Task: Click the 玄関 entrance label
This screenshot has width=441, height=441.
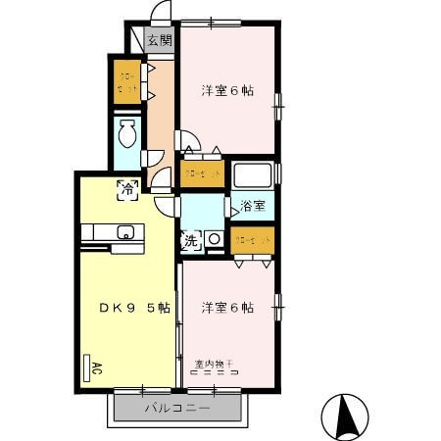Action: [x=159, y=40]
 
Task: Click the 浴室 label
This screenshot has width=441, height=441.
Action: [x=253, y=207]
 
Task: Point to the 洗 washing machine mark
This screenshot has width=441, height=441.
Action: [x=190, y=238]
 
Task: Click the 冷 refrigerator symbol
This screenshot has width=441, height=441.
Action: [x=127, y=191]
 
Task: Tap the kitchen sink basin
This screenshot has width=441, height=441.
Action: [x=124, y=232]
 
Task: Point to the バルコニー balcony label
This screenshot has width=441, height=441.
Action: [x=176, y=407]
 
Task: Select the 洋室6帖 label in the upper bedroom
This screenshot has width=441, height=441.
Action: [x=228, y=91]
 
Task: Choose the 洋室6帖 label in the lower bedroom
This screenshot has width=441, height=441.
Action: [x=228, y=307]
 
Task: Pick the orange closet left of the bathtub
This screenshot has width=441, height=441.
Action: [x=202, y=172]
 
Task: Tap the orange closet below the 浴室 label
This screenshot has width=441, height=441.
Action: [x=253, y=239]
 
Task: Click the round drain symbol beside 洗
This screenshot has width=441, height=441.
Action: [x=213, y=238]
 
